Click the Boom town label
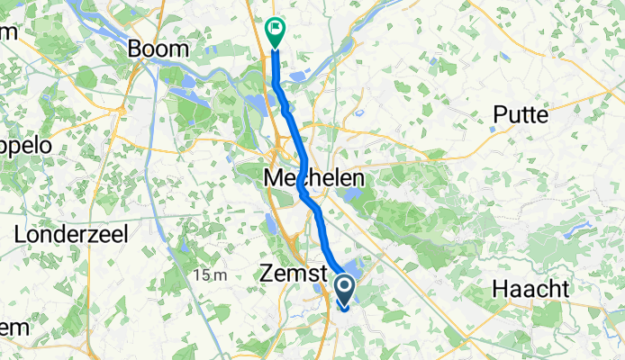(159, 49)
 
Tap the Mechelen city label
(314, 179)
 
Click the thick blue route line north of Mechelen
(287, 112)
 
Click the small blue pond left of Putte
(491, 128)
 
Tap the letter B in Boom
(137, 49)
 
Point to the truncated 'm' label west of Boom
(9, 32)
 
